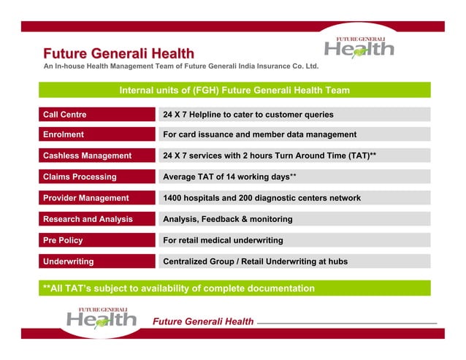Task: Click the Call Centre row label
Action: (64, 115)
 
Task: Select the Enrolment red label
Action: (63, 135)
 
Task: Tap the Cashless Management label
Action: (87, 156)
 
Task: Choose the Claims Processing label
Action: (80, 177)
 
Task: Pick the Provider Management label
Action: (85, 198)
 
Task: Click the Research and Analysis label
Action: (88, 219)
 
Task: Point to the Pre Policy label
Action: (63, 240)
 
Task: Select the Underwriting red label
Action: (68, 261)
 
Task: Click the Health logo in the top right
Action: (359, 47)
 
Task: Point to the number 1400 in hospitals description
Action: (174, 198)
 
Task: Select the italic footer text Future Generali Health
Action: (202, 322)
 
